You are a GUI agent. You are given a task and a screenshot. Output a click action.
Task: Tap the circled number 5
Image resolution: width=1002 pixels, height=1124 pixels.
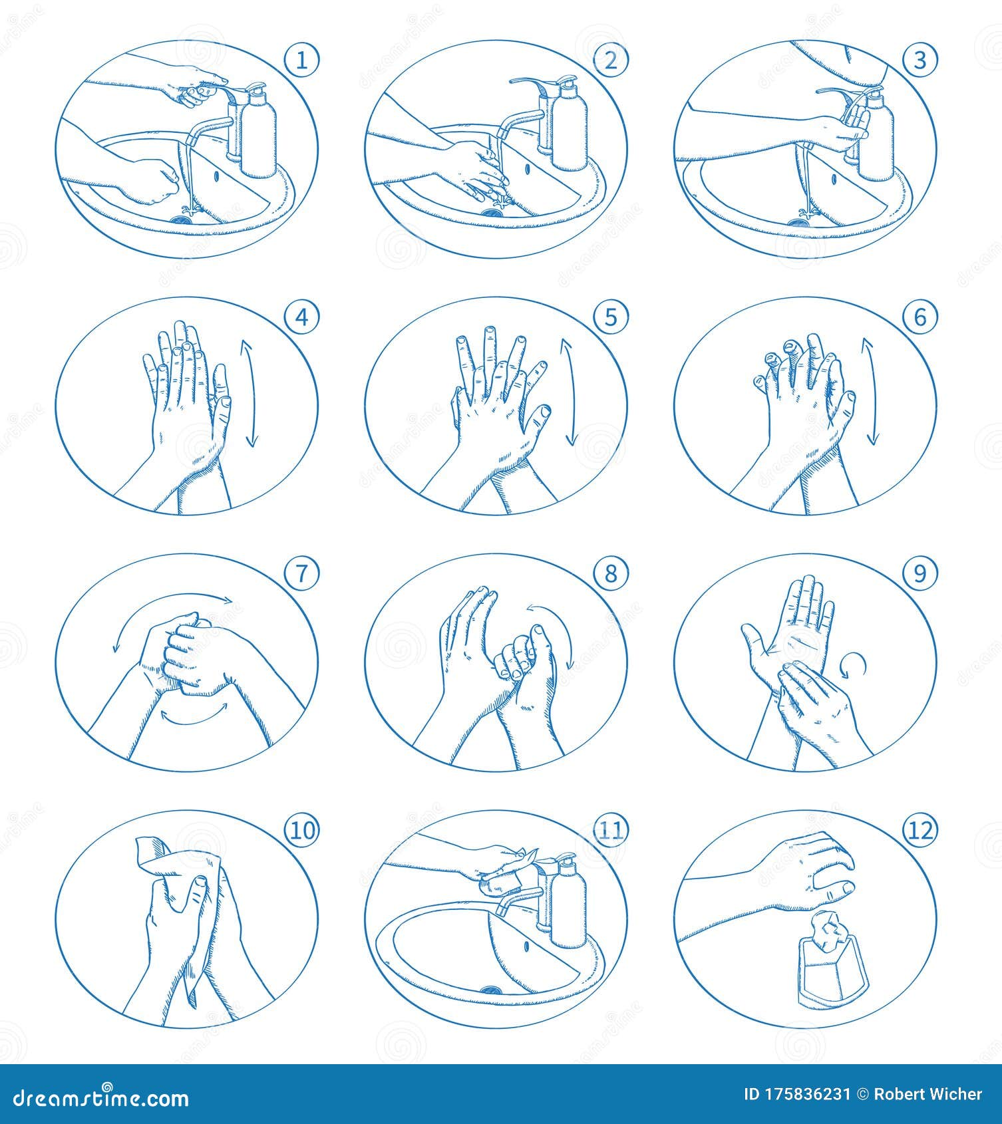611,317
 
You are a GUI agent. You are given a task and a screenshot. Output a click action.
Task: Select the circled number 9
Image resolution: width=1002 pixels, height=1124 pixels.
919,573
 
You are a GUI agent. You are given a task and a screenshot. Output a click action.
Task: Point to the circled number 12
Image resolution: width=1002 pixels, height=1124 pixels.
919,830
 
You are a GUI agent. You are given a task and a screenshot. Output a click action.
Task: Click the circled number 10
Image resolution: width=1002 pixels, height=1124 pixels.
302,830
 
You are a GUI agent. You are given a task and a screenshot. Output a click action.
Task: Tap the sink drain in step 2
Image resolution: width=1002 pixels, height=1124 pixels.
493,213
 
